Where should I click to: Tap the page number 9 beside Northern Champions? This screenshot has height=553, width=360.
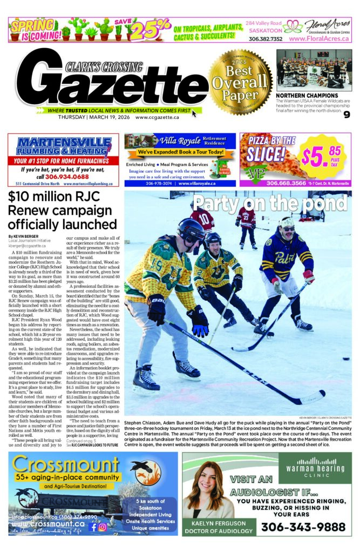(x=347, y=113)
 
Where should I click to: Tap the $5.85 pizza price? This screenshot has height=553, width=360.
(x=321, y=156)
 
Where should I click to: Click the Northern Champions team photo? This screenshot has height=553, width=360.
(x=314, y=70)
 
